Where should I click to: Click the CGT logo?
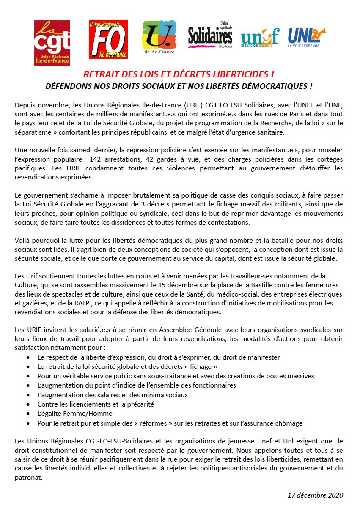[52, 42]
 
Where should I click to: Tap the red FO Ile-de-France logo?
[108, 39]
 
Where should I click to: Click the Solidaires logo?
[210, 36]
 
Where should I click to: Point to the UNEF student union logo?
[260, 37]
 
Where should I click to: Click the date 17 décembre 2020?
[315, 495]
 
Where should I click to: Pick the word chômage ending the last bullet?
[290, 423]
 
